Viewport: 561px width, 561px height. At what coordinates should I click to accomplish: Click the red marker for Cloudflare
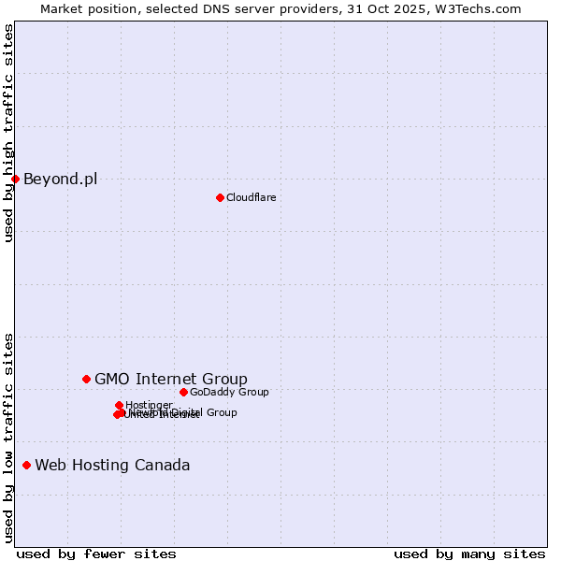220,197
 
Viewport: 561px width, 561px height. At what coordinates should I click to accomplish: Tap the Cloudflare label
251,197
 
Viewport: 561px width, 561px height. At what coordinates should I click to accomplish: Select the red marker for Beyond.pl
15,179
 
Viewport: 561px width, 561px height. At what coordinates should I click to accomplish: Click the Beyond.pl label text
60,179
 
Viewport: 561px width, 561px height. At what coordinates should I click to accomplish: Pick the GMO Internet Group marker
86,379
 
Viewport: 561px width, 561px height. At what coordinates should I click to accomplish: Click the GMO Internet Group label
171,379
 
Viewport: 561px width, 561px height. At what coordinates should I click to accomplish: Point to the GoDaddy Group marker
183,392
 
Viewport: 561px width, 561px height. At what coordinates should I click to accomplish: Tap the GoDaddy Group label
229,392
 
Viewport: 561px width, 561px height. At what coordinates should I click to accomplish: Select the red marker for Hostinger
119,405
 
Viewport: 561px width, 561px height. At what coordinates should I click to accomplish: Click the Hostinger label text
149,405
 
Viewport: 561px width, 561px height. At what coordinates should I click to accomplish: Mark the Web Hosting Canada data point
26,465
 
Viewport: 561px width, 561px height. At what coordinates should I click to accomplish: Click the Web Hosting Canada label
112,465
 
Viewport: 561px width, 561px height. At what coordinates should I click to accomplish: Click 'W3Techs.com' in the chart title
480,8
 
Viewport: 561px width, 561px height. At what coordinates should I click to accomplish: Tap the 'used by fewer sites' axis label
96,554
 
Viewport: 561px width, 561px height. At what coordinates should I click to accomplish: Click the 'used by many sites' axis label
469,554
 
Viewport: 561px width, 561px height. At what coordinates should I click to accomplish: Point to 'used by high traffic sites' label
8,133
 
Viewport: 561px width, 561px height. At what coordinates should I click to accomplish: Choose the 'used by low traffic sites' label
8,437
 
